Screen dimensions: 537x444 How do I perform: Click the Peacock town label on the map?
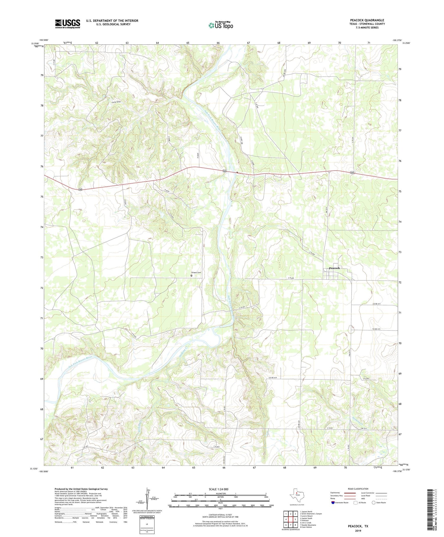click(334, 268)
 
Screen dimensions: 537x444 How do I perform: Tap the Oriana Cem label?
click(196, 272)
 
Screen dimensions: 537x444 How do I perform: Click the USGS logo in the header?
click(67, 24)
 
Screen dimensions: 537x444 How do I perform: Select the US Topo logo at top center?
click(221, 25)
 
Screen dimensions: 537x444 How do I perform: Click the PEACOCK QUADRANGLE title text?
click(367, 20)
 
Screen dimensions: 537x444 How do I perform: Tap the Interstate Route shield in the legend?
click(333, 503)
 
